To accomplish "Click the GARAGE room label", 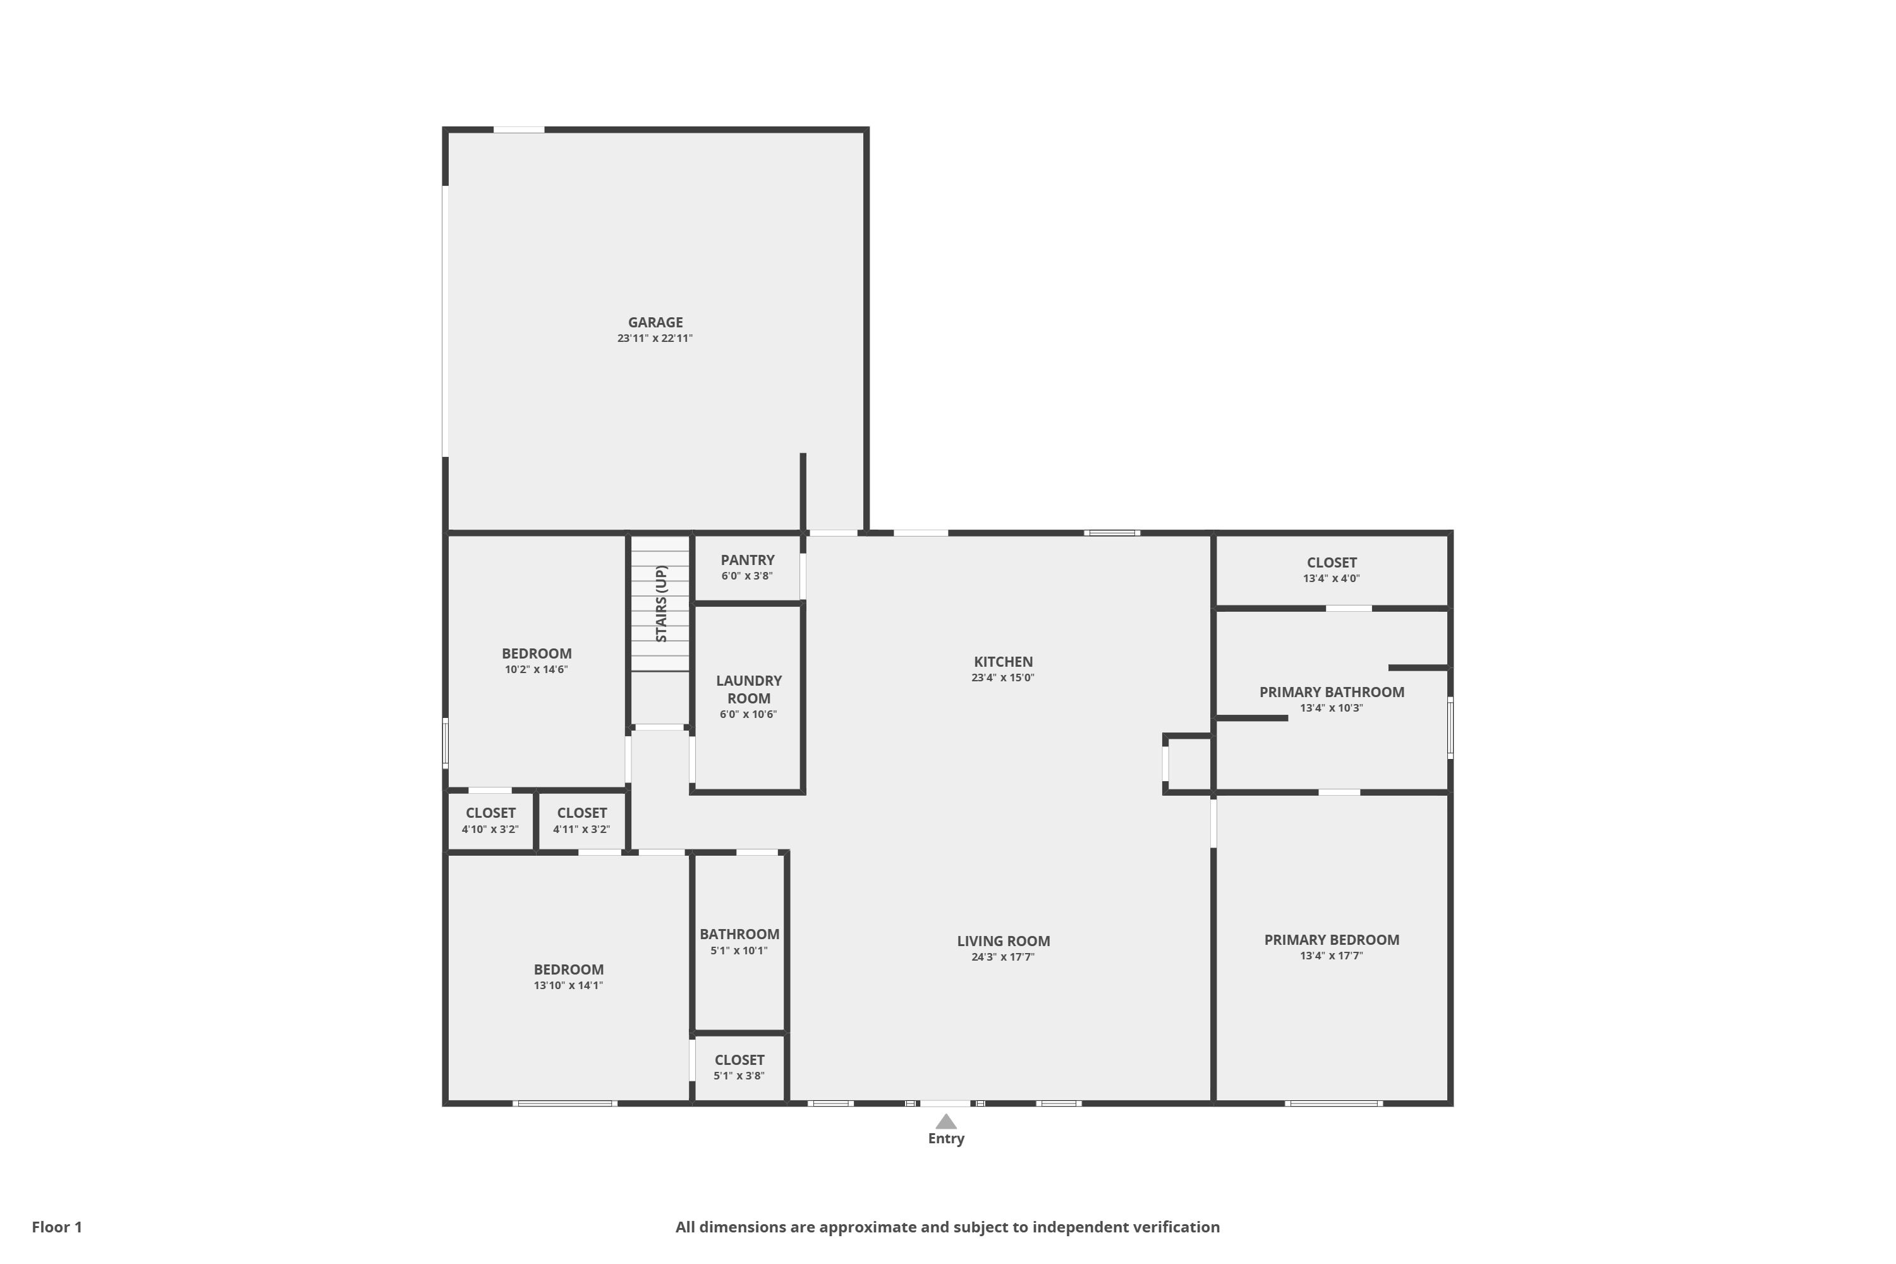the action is click(x=655, y=322).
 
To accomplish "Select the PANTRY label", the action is click(x=747, y=560).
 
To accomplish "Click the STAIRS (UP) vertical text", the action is click(x=661, y=604).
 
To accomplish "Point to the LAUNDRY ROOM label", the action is click(x=749, y=690).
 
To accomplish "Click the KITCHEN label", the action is click(x=1003, y=662).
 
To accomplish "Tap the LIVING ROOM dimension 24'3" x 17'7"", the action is click(x=1003, y=957).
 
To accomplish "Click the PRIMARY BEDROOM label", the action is click(x=1332, y=940).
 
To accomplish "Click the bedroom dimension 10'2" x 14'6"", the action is click(x=536, y=670).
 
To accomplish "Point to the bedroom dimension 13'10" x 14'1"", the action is click(x=568, y=986).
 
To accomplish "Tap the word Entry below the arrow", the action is click(x=945, y=1139).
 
